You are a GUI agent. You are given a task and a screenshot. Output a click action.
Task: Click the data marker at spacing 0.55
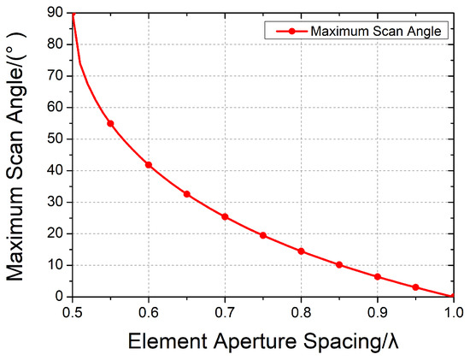111,123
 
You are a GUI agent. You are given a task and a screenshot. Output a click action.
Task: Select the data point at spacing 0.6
149,164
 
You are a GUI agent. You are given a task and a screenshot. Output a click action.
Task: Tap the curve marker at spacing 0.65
187,194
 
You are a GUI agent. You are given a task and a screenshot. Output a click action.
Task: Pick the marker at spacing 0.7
225,216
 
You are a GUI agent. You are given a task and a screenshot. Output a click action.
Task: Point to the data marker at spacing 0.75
263,235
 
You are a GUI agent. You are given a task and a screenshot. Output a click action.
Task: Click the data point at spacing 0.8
301,251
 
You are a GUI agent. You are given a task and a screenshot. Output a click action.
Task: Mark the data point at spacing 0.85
339,265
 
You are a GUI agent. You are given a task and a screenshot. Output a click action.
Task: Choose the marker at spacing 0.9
377,277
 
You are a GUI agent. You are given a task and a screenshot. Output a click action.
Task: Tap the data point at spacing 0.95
415,287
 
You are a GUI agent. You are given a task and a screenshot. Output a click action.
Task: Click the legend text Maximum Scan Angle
376,31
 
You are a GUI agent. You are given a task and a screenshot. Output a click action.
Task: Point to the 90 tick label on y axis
54,12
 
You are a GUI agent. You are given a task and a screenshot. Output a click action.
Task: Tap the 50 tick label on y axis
54,139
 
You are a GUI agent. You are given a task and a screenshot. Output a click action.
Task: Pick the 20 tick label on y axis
54,233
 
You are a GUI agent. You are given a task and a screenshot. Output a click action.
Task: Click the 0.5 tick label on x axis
73,311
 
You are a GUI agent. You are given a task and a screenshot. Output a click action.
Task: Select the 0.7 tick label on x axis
225,311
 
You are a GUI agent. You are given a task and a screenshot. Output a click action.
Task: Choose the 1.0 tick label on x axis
452,311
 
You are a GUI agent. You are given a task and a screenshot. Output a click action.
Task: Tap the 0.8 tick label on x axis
301,311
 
